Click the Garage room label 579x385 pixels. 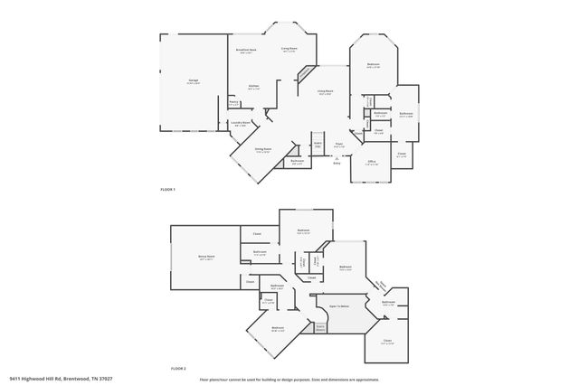[193, 80]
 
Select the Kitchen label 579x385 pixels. [253, 86]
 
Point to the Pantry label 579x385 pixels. [233, 103]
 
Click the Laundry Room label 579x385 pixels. [241, 122]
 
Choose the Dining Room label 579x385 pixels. [263, 150]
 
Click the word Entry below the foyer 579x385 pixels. [337, 163]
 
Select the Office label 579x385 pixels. [371, 162]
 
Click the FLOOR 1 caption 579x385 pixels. [166, 189]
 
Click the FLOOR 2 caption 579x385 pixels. [178, 369]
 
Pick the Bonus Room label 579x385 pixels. [205, 257]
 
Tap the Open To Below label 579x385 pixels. [339, 306]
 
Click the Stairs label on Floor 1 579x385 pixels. [318, 144]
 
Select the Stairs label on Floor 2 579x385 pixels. [319, 326]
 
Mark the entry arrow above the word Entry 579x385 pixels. [337, 156]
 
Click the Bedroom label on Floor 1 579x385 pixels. [373, 64]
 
